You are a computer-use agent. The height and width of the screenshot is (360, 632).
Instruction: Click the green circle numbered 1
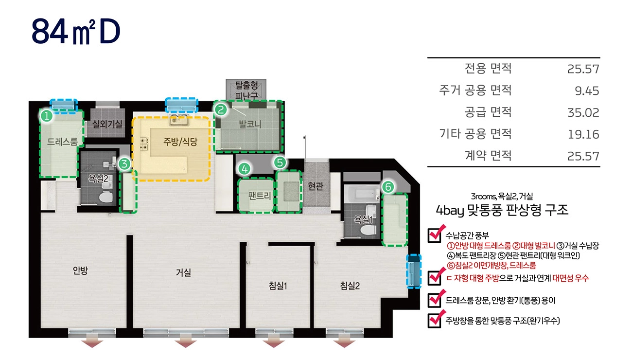[47, 116]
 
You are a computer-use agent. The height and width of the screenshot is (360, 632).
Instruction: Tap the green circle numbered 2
[221, 109]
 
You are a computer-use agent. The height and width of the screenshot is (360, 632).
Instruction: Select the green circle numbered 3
[124, 164]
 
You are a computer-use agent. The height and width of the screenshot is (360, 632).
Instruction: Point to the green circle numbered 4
[245, 169]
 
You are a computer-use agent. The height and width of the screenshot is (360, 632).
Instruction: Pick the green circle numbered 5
[280, 162]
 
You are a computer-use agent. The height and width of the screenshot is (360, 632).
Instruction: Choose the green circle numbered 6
[388, 187]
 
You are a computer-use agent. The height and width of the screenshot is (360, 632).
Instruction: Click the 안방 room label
[80, 270]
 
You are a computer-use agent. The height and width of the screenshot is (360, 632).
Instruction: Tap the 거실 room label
[184, 272]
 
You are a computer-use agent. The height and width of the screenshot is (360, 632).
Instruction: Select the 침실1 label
[278, 286]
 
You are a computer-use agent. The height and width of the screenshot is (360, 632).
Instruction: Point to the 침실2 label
[350, 286]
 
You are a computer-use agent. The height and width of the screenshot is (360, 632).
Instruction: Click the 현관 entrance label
[316, 186]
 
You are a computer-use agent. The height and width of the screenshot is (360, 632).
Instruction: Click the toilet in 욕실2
[106, 197]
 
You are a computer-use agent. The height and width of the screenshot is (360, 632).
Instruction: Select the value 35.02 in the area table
[583, 112]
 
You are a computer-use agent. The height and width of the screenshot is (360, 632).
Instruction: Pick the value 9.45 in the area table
[587, 90]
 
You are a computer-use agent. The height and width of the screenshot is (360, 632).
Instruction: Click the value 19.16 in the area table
[583, 134]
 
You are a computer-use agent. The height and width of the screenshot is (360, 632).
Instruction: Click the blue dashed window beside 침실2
[414, 271]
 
